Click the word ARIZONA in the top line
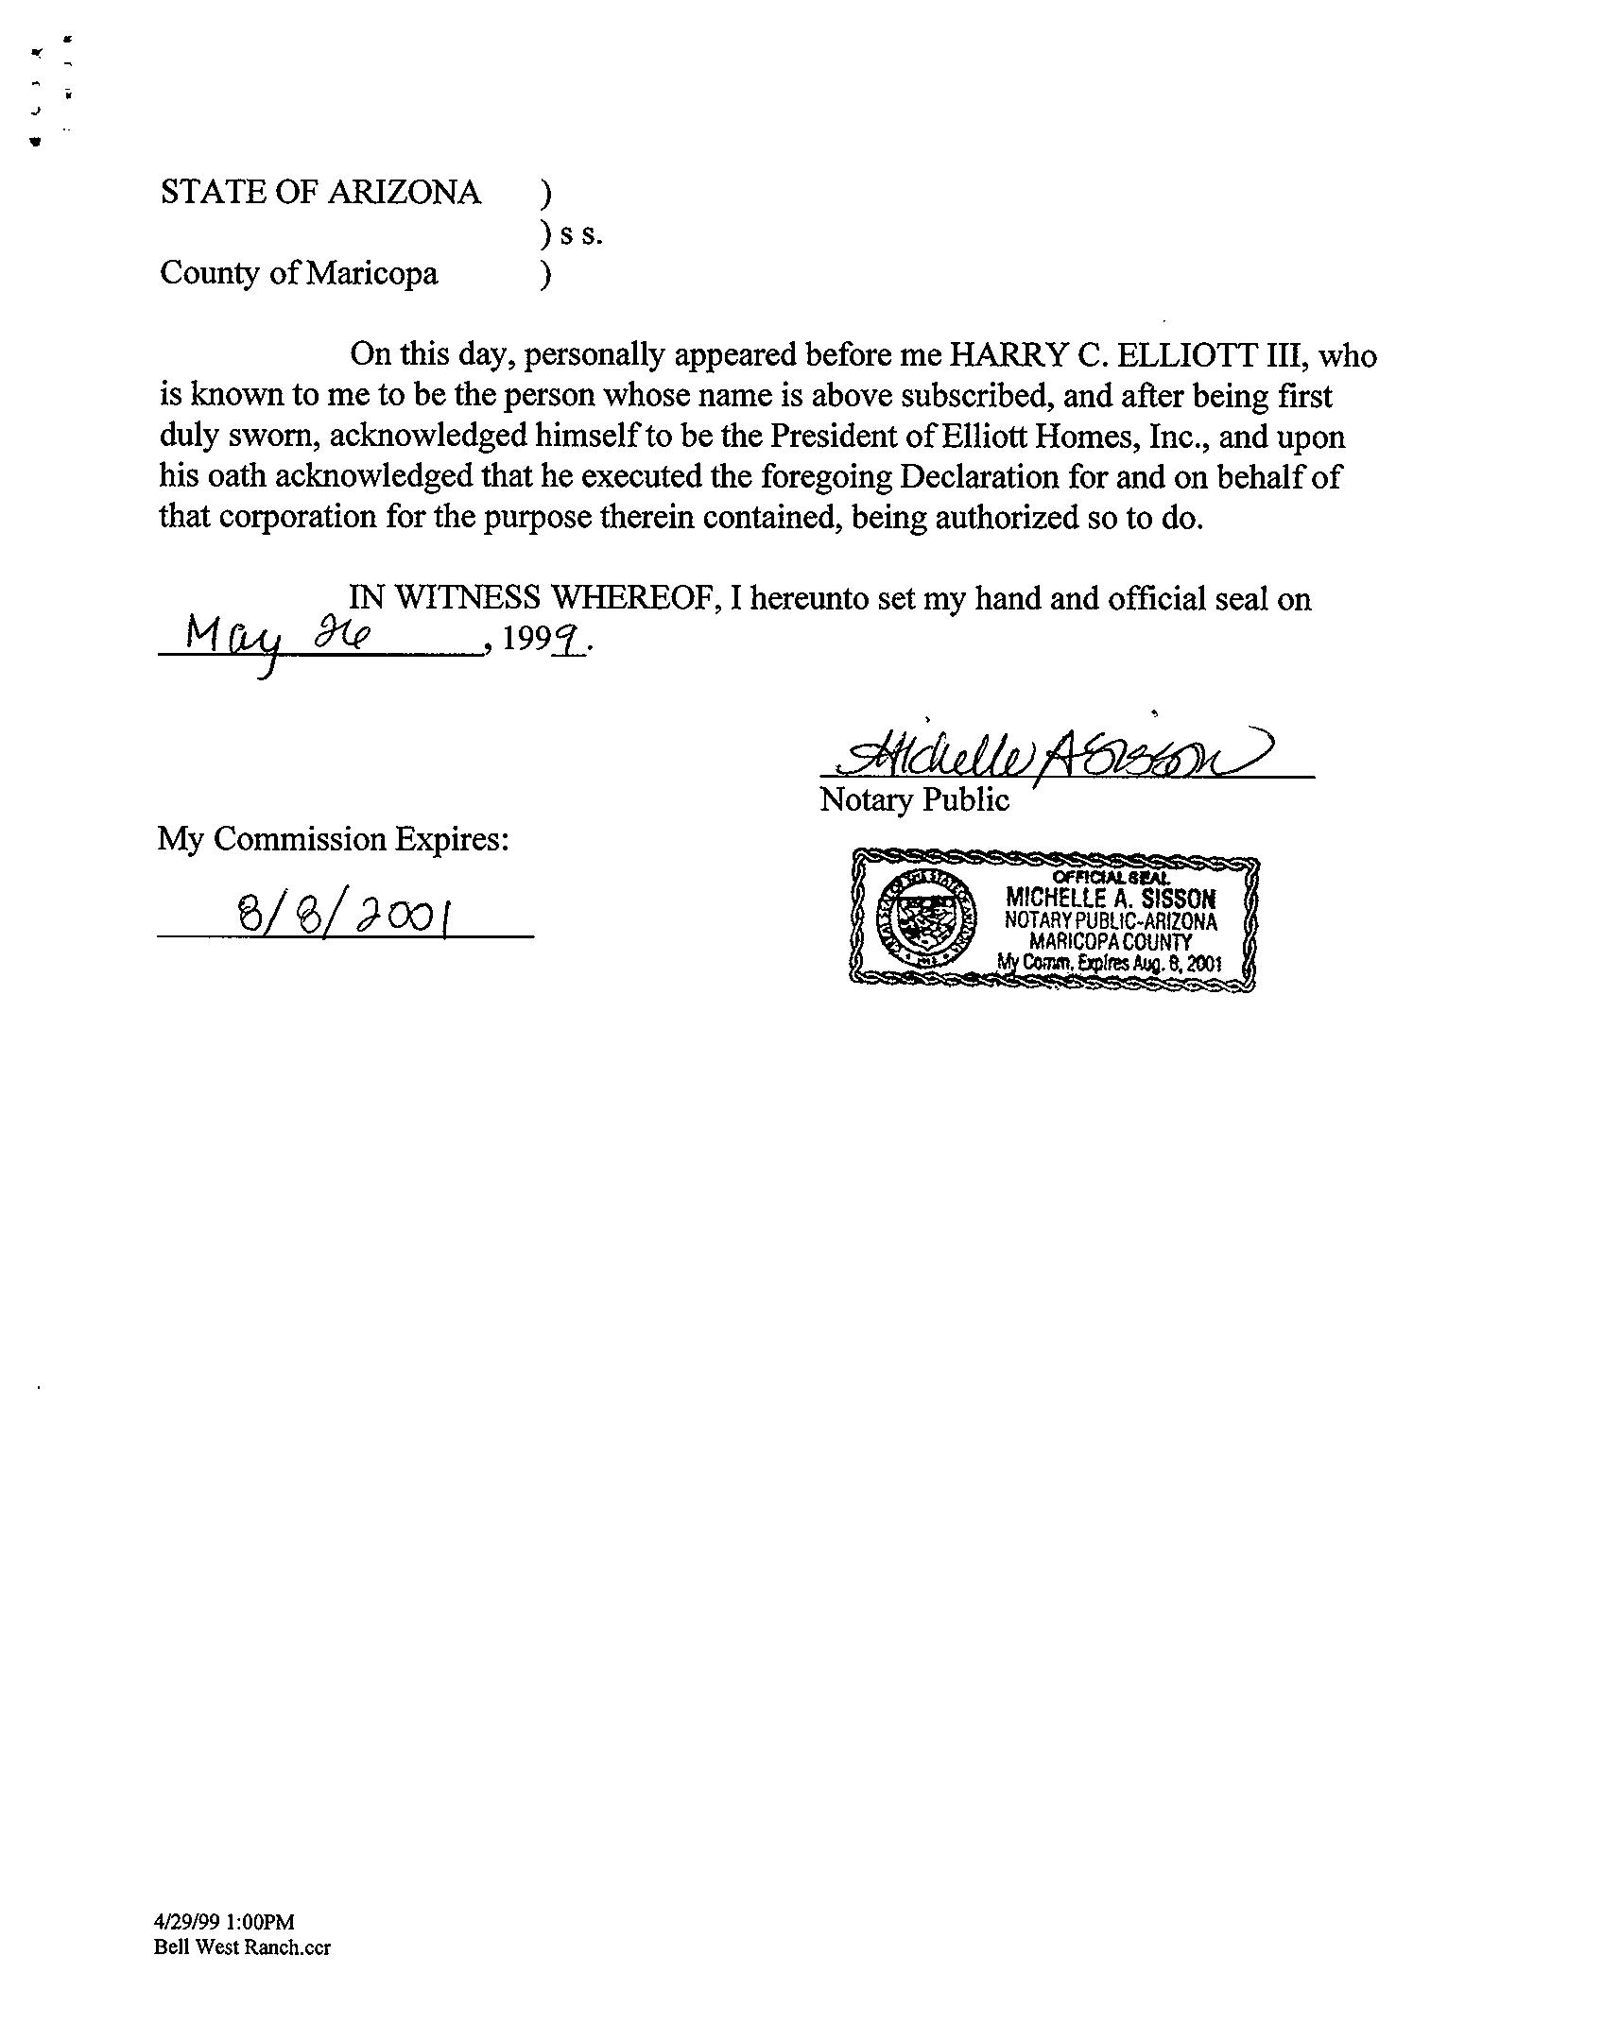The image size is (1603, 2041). tap(404, 193)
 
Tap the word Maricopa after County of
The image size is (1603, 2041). tap(372, 274)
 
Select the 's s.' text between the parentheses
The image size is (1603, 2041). tap(580, 234)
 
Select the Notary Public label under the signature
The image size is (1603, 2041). tap(914, 800)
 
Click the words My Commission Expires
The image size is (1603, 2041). tap(334, 839)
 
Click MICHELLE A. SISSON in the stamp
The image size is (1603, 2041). tap(1111, 898)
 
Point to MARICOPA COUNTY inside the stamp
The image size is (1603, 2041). tap(1111, 942)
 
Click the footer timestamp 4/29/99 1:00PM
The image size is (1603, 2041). tap(225, 1922)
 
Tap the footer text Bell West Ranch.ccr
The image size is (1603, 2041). tap(243, 1947)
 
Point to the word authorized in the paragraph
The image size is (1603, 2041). tap(1003, 519)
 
